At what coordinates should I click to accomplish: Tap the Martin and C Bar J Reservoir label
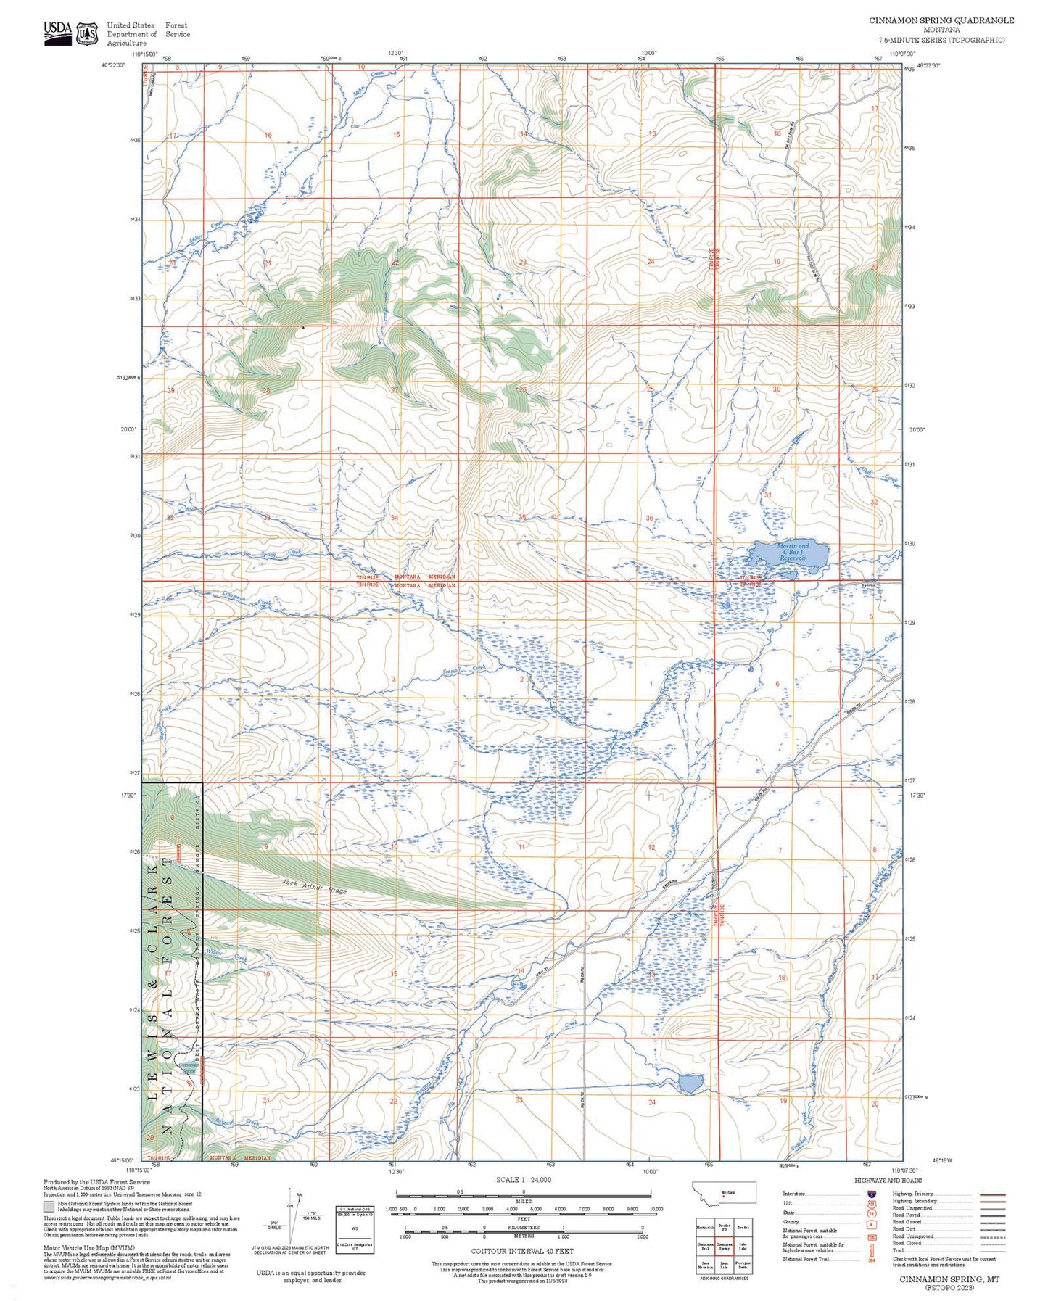point(792,553)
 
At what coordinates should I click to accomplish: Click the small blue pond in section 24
point(690,1083)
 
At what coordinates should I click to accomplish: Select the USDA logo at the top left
point(58,33)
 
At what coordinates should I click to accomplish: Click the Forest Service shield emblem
point(88,33)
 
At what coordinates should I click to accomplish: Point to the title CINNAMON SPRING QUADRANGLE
point(941,20)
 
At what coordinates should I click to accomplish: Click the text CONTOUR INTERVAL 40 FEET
point(522,1251)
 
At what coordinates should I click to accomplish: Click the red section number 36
point(649,518)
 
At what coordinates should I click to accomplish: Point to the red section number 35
point(521,518)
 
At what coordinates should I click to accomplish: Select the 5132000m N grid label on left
point(128,377)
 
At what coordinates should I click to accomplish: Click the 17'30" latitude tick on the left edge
point(128,795)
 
